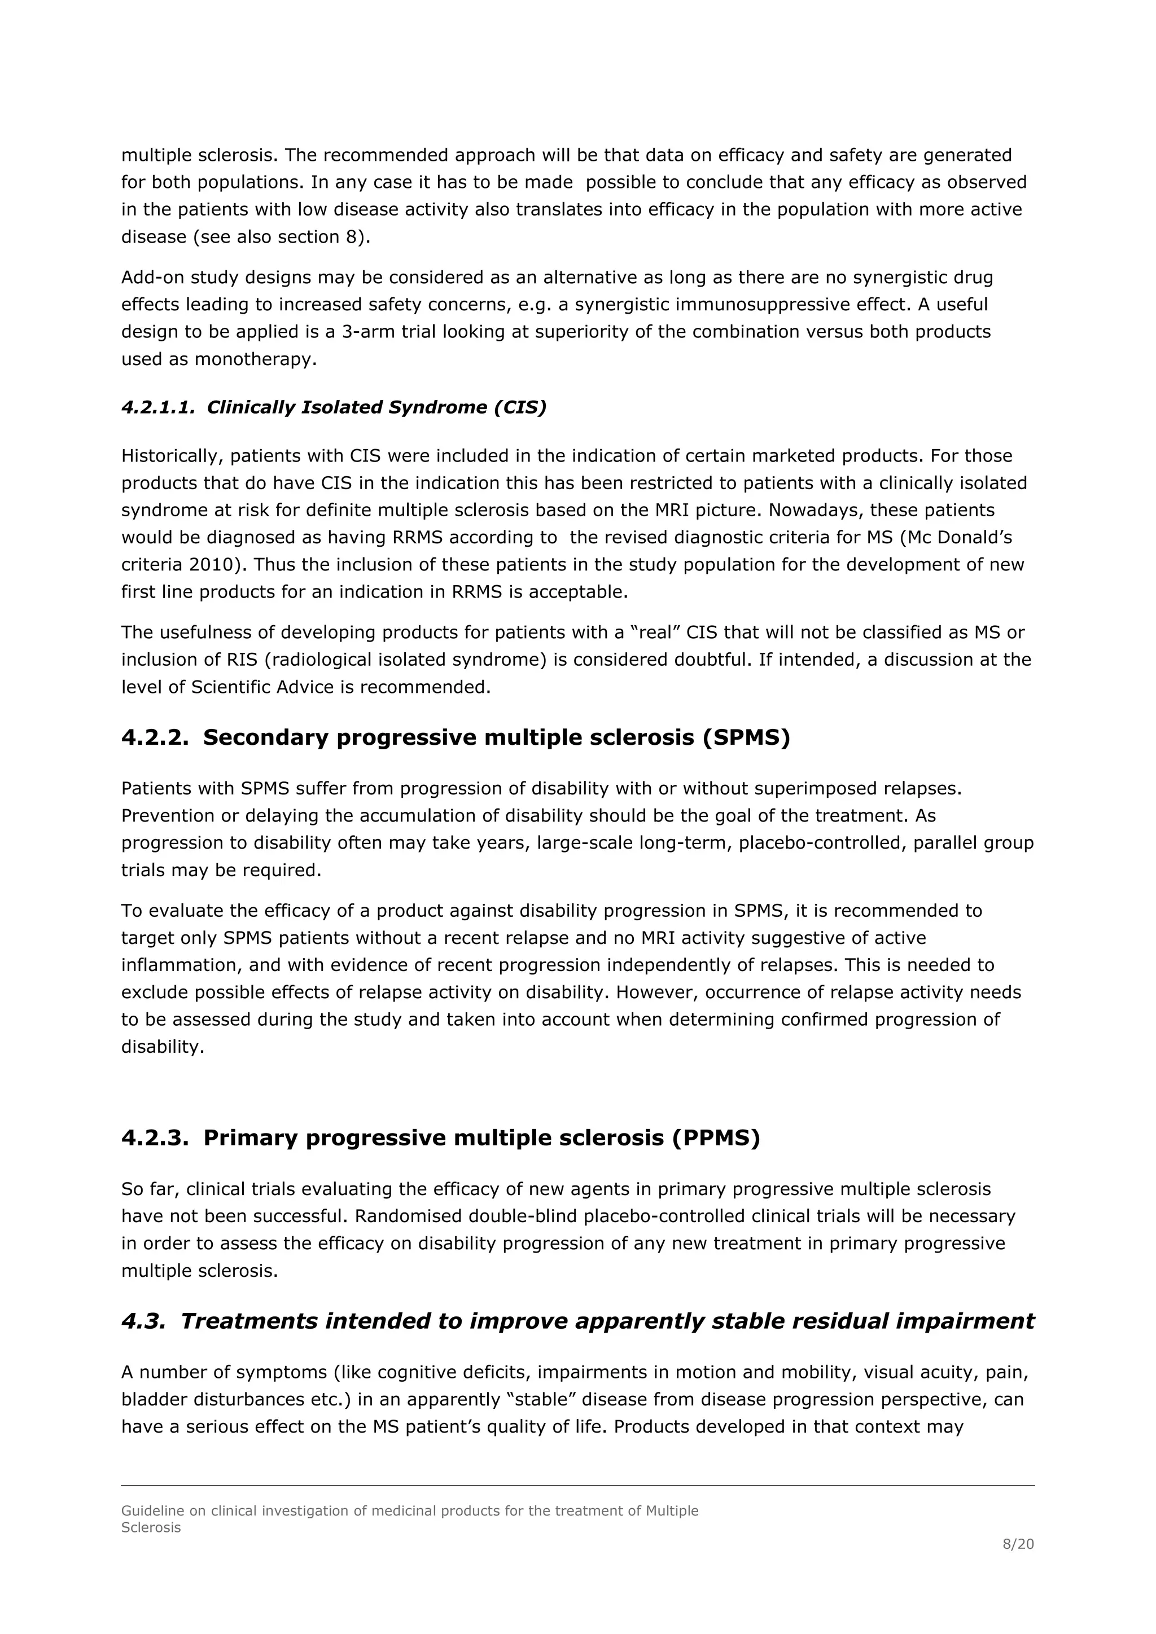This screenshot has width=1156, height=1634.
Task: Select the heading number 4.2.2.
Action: (155, 737)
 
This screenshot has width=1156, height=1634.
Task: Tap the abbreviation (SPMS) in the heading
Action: (746, 737)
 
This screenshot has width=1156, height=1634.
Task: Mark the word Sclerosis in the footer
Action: (151, 1527)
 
